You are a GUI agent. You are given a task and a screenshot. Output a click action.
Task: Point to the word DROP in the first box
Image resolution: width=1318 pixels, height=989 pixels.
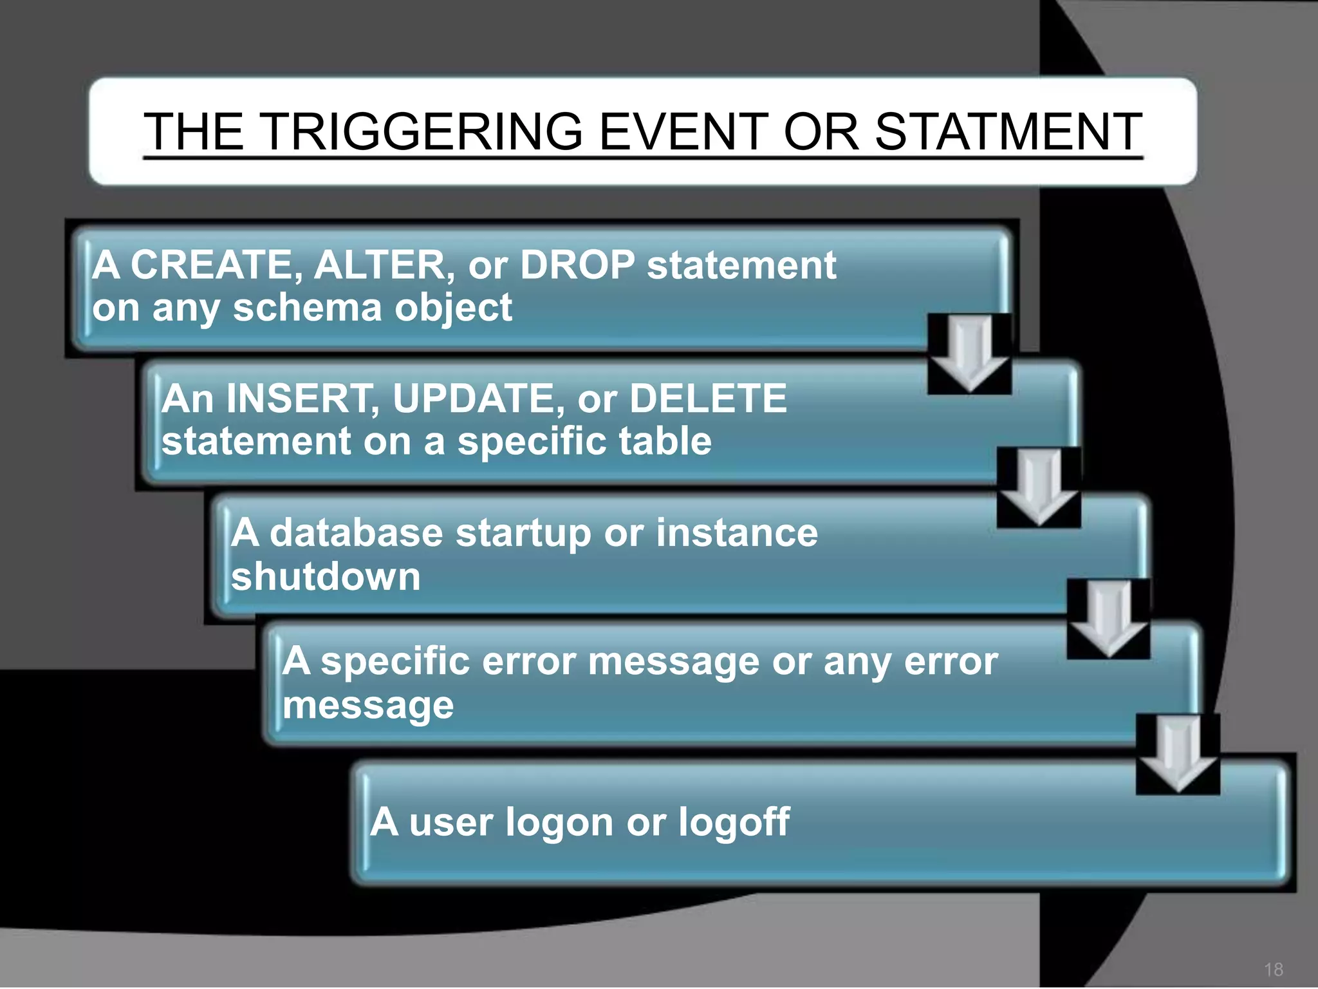point(577,265)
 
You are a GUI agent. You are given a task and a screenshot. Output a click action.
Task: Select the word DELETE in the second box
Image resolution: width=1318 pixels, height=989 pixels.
point(708,399)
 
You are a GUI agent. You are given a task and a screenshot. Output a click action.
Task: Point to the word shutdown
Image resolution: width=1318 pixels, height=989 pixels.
point(326,576)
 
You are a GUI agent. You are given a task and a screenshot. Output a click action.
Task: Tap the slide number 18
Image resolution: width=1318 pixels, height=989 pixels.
point(1273,969)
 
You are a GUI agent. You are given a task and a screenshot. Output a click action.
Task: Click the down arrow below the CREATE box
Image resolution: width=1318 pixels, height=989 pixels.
point(969,354)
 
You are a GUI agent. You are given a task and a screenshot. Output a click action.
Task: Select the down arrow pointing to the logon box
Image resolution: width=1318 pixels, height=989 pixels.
point(1178,755)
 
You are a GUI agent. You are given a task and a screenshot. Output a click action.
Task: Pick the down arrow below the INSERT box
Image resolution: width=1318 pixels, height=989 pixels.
point(1039,487)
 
